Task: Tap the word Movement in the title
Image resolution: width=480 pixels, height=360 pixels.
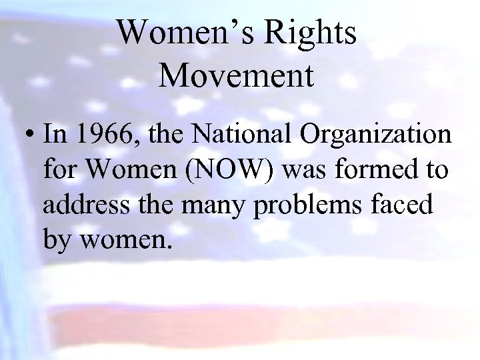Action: [x=237, y=75]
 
